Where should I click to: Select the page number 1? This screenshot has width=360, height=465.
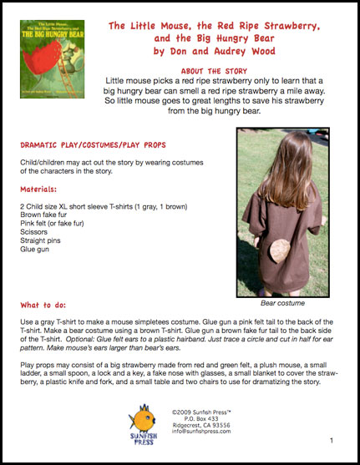pos(332,440)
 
